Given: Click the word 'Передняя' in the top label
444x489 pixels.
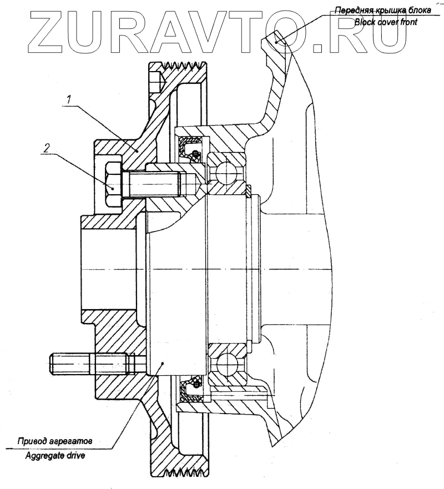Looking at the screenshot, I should click(x=349, y=11).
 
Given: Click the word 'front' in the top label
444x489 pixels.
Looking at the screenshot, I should click(x=408, y=23).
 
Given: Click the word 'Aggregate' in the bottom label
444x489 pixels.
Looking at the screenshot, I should click(x=45, y=456).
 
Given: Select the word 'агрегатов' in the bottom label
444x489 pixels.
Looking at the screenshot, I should click(x=78, y=442).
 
